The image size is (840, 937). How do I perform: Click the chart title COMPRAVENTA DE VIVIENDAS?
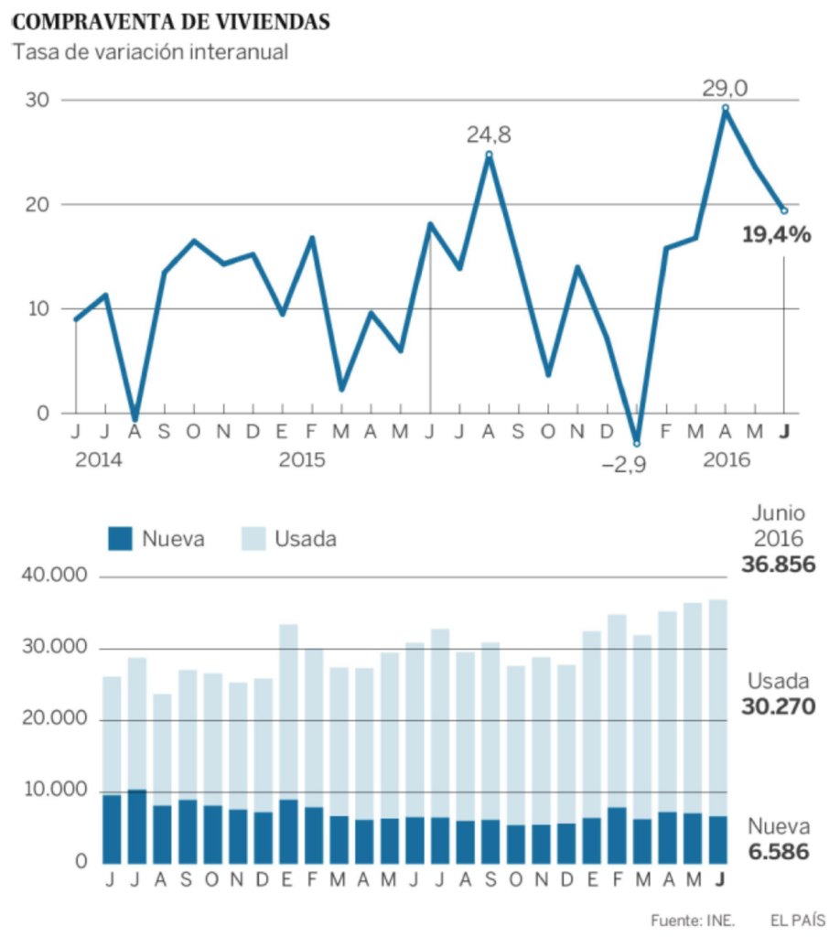coord(171,22)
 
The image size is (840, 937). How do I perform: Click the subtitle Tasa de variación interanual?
coord(150,52)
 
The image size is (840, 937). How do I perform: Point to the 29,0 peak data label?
coord(724,89)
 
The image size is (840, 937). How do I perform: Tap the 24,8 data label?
coord(489,135)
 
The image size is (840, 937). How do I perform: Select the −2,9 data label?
coord(624,464)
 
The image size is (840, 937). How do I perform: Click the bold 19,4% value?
coord(777,234)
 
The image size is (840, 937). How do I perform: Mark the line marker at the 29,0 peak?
coord(726,108)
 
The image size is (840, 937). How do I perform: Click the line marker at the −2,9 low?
coord(637,444)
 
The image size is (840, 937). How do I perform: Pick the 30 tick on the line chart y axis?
coord(37,100)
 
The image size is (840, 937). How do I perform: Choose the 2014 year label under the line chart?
coord(99,459)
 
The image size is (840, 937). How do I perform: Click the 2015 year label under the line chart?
coord(302,459)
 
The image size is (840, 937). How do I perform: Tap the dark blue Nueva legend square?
coord(120,538)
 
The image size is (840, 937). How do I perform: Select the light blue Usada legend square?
coord(253,538)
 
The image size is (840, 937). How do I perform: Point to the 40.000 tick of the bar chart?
coord(54,575)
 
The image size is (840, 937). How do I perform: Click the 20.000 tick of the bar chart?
coord(55,717)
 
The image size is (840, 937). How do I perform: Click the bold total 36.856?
coord(778,564)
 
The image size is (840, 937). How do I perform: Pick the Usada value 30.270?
coord(778,706)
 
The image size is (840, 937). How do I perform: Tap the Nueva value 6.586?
coord(779,852)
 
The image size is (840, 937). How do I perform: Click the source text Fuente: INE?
coord(693,921)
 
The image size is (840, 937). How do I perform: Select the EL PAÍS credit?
coord(798,921)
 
